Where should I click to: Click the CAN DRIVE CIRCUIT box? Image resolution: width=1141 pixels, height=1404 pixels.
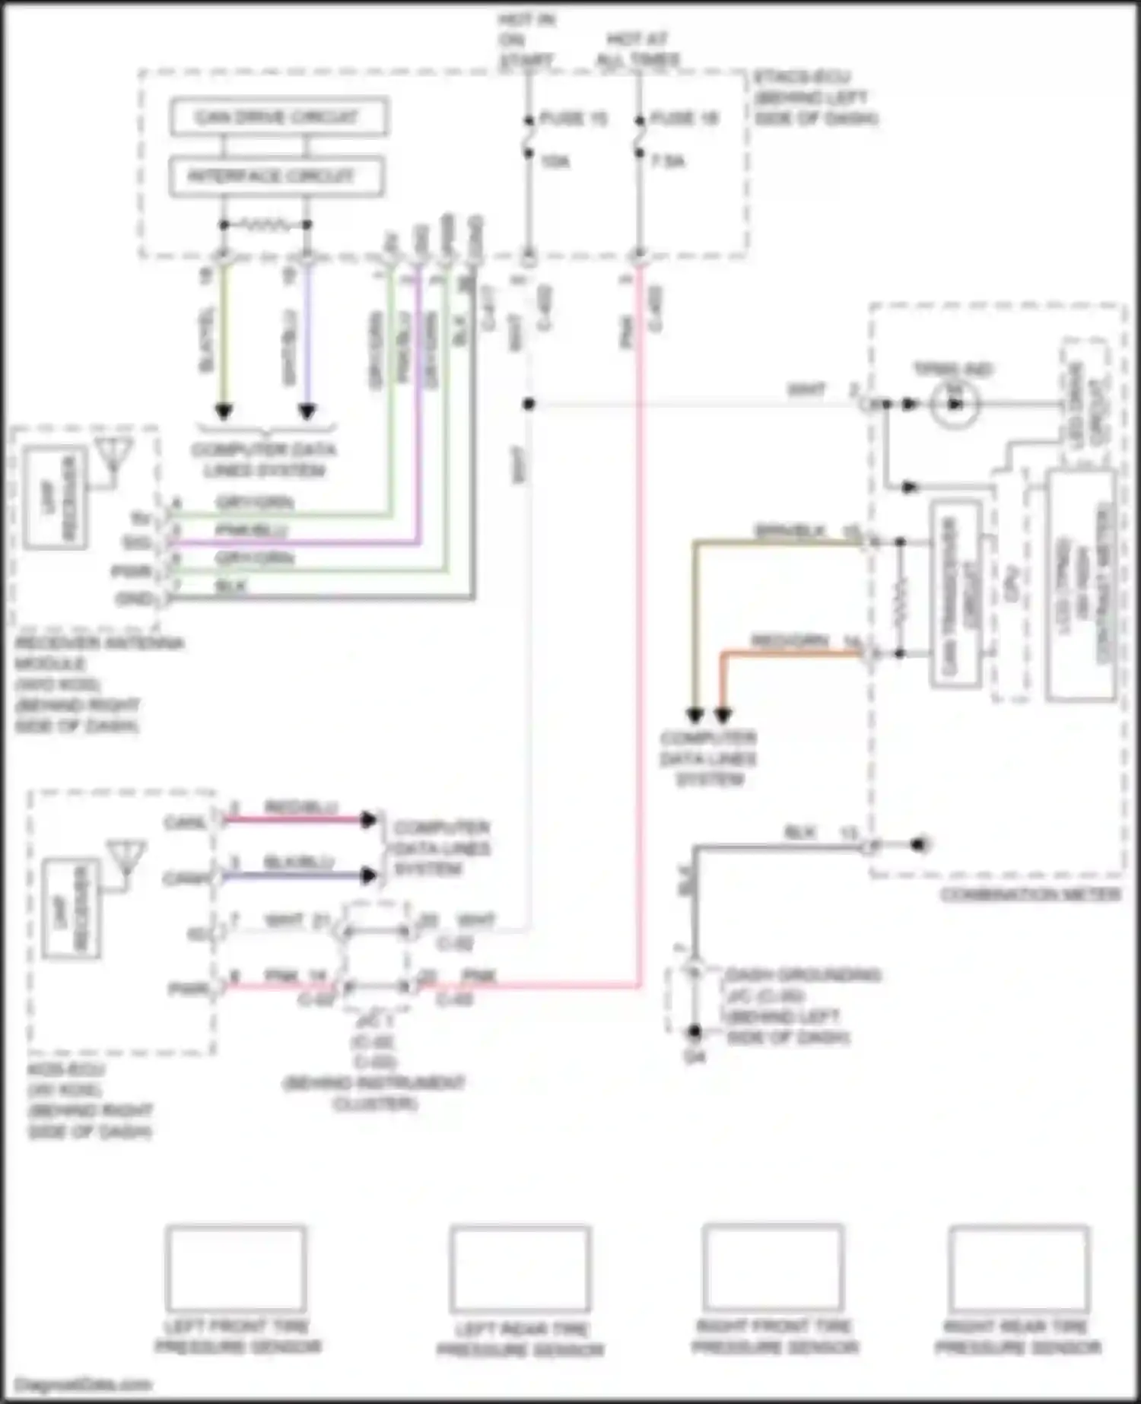[278, 117]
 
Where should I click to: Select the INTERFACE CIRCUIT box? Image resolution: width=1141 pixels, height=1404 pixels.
[275, 177]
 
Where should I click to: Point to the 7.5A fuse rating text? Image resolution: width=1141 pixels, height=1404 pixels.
[667, 161]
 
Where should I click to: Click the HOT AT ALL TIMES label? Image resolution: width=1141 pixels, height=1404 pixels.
[637, 49]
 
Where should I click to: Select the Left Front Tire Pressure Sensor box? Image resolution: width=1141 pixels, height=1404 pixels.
[236, 1268]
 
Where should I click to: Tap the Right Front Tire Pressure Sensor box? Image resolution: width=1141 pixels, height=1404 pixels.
[773, 1266]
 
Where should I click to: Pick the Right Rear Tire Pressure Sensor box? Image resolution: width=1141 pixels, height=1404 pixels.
[1019, 1267]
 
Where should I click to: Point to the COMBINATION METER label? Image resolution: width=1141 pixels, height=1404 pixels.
[1031, 894]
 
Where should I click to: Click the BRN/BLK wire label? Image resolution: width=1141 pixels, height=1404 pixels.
[790, 532]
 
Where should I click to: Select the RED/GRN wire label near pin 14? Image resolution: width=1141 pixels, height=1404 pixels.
[790, 642]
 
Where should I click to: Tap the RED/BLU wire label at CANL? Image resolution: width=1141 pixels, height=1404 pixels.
[300, 807]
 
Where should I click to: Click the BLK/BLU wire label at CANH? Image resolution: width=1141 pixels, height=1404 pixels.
[298, 862]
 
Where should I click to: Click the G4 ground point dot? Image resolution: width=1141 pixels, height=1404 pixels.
[694, 1032]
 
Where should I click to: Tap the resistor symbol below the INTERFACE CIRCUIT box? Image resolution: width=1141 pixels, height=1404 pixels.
[265, 225]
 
